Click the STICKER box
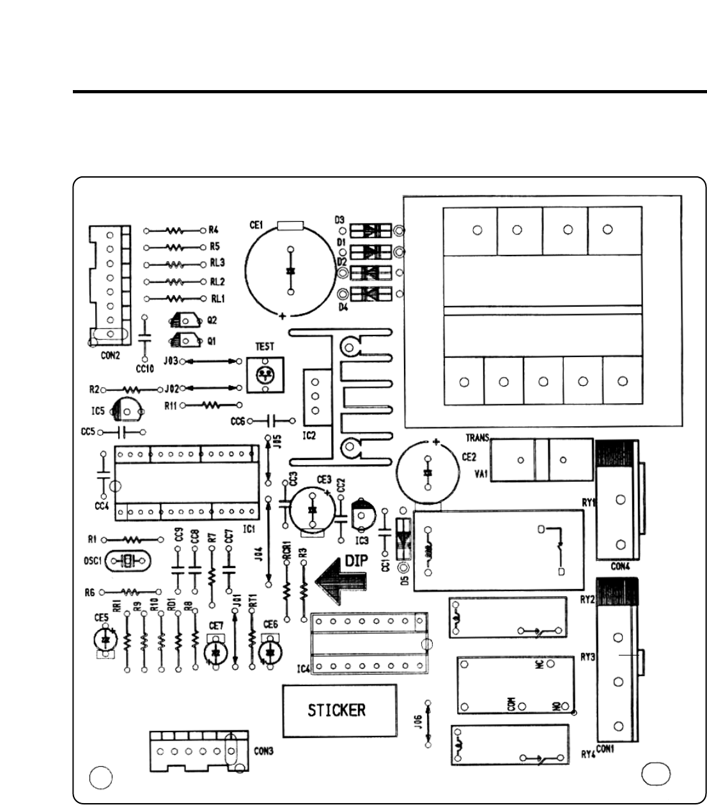coord(339,710)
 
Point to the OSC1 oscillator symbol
coord(128,561)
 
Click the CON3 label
coord(260,752)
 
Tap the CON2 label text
coord(110,356)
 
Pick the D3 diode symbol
coord(370,230)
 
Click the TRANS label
coord(477,438)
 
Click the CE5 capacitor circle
coord(105,640)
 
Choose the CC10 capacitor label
coord(145,369)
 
